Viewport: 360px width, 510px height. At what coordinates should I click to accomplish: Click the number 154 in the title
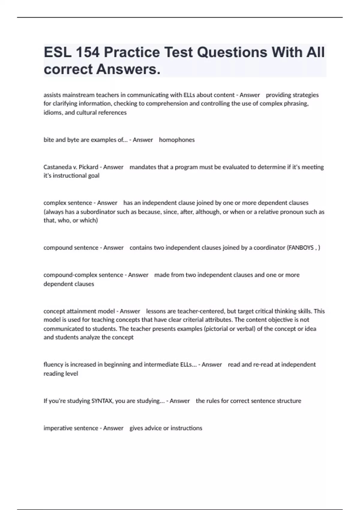click(88, 52)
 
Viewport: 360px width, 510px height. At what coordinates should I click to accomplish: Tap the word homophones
click(177, 140)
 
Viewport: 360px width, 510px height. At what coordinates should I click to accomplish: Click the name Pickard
click(88, 167)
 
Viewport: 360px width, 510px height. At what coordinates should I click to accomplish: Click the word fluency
click(53, 364)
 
